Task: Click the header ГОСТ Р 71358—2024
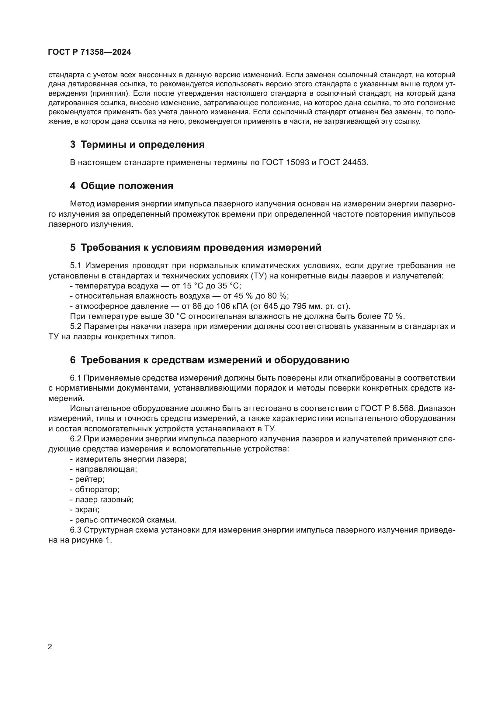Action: [x=89, y=52]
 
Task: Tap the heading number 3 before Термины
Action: [x=73, y=144]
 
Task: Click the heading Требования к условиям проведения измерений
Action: [x=201, y=248]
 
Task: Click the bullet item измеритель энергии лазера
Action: [x=130, y=459]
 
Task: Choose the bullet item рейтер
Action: [x=89, y=479]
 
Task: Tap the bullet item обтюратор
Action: [x=97, y=490]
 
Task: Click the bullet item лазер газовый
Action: [x=104, y=500]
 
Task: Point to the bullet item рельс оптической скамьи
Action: [x=125, y=520]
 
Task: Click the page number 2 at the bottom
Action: [x=50, y=647]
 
